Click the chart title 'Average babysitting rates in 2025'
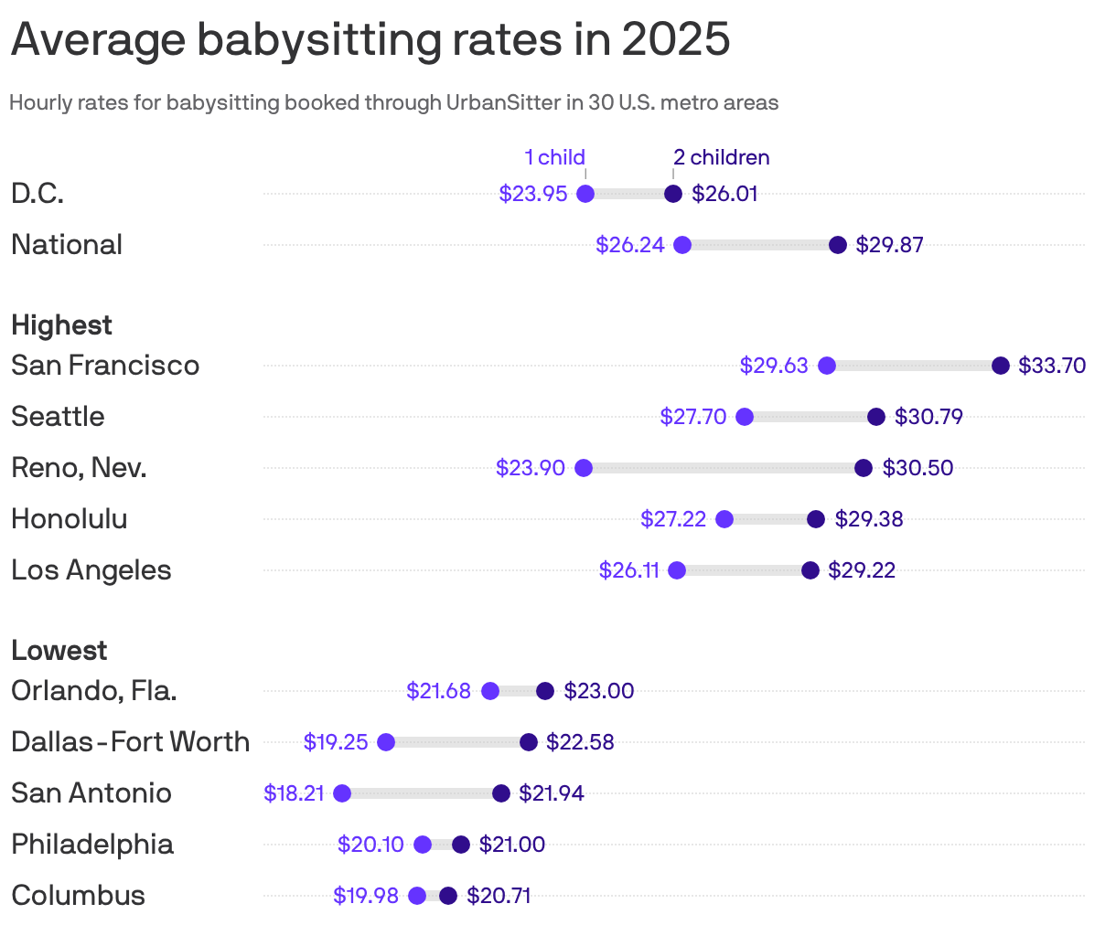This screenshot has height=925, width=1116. coord(370,39)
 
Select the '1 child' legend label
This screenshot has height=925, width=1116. coord(554,157)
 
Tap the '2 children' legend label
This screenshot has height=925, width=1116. coord(722,157)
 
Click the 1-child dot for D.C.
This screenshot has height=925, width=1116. coord(585,194)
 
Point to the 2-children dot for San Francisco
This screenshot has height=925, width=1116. coord(1000,366)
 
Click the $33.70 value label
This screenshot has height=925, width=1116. coord(1051,366)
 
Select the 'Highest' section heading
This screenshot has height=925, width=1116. coord(61,325)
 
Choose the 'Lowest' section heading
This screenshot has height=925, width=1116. coord(59,651)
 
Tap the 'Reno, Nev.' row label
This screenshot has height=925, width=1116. coord(79,468)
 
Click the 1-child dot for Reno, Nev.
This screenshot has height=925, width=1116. coord(584,468)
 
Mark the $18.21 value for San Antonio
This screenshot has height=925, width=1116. coord(294,793)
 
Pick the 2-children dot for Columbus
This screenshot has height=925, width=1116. coord(447,896)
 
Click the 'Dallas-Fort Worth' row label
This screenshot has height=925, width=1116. coord(130,742)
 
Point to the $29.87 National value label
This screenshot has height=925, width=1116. coord(889,245)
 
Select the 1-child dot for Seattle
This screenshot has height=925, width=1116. coord(744,417)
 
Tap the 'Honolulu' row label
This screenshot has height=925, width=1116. coord(70,519)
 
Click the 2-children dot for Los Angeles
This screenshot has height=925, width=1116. coord(810,570)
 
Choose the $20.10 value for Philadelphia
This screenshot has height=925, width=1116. coord(370,845)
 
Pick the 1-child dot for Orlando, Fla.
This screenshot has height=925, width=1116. coord(489,691)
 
